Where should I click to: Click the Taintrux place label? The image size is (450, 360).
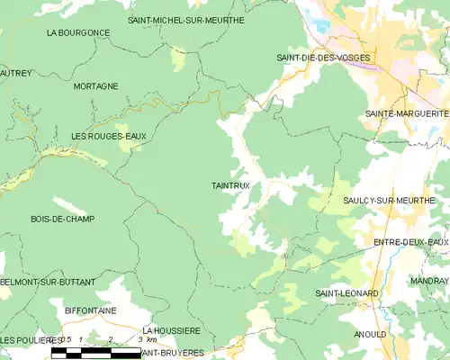pyautogui.click(x=230, y=185)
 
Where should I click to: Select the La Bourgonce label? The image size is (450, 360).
pyautogui.click(x=78, y=32)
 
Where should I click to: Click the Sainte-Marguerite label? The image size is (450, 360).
pyautogui.click(x=407, y=113)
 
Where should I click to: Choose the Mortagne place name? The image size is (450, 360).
pyautogui.click(x=96, y=86)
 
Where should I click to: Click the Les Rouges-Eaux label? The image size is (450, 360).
pyautogui.click(x=108, y=136)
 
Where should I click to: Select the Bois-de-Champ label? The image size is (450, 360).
pyautogui.click(x=62, y=219)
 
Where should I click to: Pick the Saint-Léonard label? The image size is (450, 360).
pyautogui.click(x=346, y=293)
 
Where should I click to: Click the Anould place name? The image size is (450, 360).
pyautogui.click(x=370, y=334)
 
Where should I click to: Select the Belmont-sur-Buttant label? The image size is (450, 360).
pyautogui.click(x=48, y=282)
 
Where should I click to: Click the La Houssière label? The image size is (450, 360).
pyautogui.click(x=170, y=331)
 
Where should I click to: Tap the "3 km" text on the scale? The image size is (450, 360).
pyautogui.click(x=148, y=340)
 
